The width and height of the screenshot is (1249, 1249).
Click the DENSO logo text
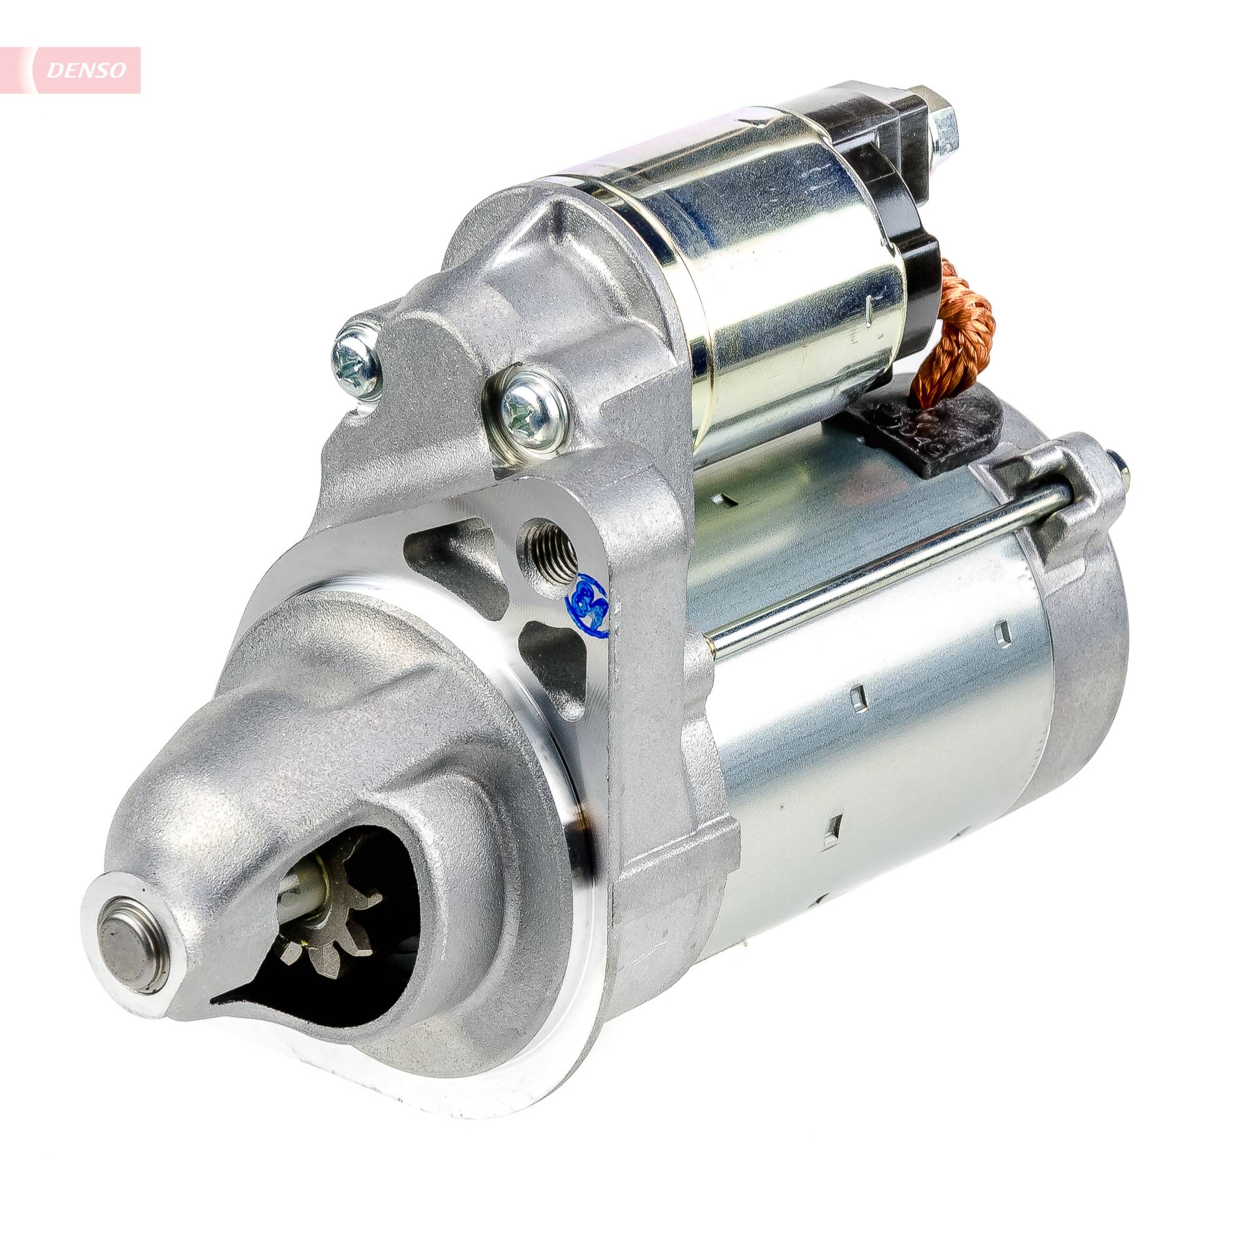pyautogui.click(x=86, y=71)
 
